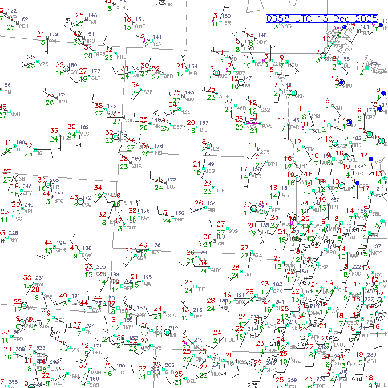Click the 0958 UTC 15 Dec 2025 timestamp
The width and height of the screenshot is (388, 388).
click(326, 19)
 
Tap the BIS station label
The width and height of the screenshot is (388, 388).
click(204, 130)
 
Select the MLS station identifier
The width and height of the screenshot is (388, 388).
click(84, 134)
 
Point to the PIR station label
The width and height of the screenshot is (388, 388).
click(211, 211)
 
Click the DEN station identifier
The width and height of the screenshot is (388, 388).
click(98, 353)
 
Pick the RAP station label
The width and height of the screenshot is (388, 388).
click(145, 217)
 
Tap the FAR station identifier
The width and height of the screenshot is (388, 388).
click(295, 127)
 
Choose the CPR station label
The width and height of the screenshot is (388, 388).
click(60, 249)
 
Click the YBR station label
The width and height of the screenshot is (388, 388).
click(226, 23)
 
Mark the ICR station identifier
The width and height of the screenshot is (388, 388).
click(220, 244)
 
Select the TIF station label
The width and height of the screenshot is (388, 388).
click(201, 289)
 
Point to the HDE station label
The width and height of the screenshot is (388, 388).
click(231, 339)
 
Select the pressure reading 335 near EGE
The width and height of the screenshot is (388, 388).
click(41, 348)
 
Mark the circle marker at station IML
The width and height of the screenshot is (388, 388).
click(161, 330)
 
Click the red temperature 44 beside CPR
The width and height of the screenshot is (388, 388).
click(48, 243)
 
